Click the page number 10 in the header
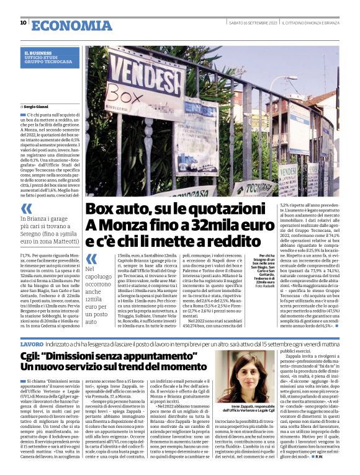(24, 23)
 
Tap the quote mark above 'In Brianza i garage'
(27, 208)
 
